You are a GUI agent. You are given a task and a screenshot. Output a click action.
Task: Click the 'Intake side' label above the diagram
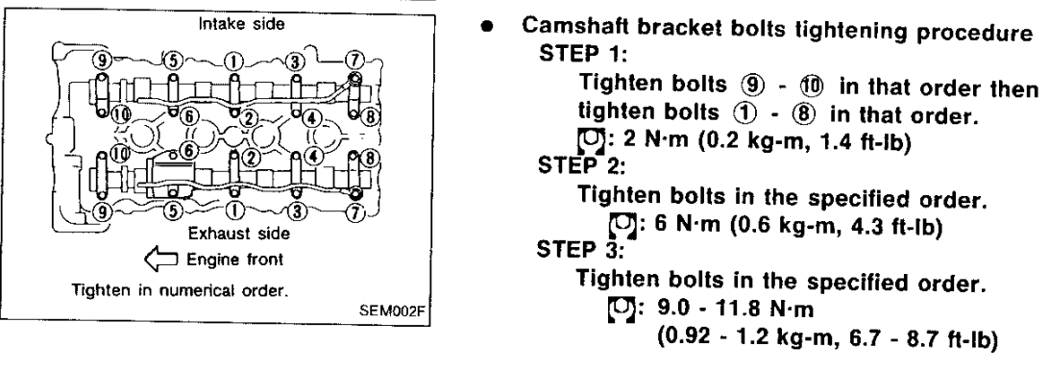[x=241, y=25]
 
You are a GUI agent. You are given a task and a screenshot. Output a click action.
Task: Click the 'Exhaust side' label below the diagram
[x=239, y=234]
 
